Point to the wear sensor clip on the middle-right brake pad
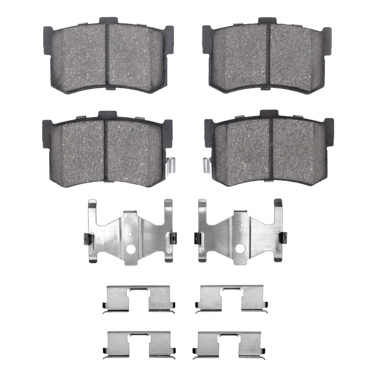coord(207,166)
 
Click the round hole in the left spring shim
coord(133,248)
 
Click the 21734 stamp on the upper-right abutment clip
coord(250,305)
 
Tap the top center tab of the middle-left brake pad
coord(107,115)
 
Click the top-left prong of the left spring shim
coord(92,206)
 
